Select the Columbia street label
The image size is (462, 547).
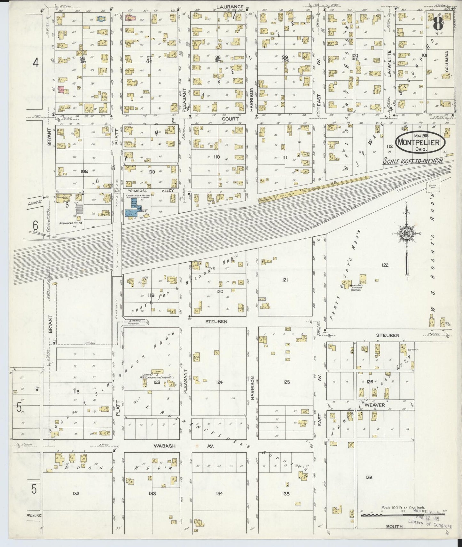447,61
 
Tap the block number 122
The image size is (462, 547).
385,265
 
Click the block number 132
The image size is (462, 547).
76,494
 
